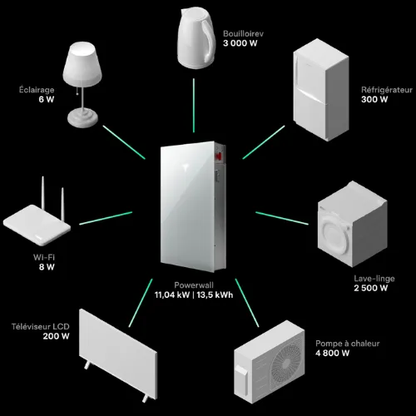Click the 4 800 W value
point(333,354)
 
